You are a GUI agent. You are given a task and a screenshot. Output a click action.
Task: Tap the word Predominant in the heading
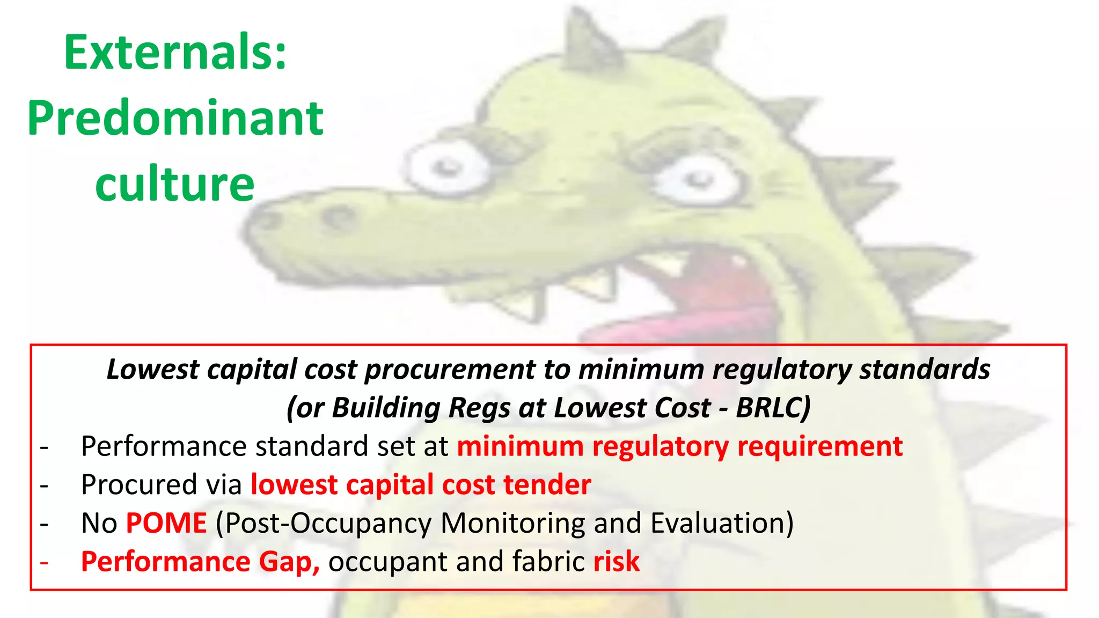click(x=175, y=119)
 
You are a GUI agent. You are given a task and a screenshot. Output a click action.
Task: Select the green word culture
click(x=174, y=184)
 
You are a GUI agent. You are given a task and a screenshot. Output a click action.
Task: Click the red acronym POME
click(x=166, y=523)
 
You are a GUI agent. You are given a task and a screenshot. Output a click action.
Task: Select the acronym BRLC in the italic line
click(x=772, y=408)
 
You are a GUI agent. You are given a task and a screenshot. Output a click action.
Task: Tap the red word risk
click(x=617, y=562)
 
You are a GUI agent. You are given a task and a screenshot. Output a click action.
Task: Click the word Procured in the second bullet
click(x=138, y=484)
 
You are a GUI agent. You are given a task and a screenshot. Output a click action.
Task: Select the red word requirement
click(x=820, y=446)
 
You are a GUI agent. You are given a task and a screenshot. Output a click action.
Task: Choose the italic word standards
click(x=925, y=370)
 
